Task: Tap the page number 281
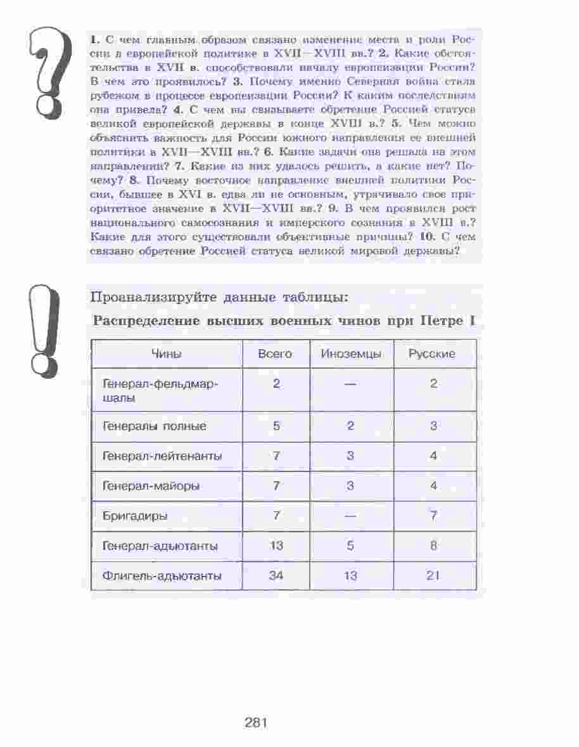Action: pos(256,722)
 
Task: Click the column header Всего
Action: pos(276,354)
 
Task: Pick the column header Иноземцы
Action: pos(351,354)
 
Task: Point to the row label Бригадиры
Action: pos(135,516)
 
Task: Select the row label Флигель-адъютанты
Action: pos(162,576)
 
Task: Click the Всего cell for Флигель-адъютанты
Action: pos(276,576)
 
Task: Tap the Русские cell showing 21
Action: pos(433,576)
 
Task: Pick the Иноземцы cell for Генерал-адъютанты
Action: pos(350,546)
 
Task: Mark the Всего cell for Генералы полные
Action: pos(276,426)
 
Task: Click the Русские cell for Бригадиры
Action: pos(433,516)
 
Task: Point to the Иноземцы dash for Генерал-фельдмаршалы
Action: pos(351,384)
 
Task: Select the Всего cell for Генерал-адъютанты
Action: pos(276,546)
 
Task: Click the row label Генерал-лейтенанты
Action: pos(162,456)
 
